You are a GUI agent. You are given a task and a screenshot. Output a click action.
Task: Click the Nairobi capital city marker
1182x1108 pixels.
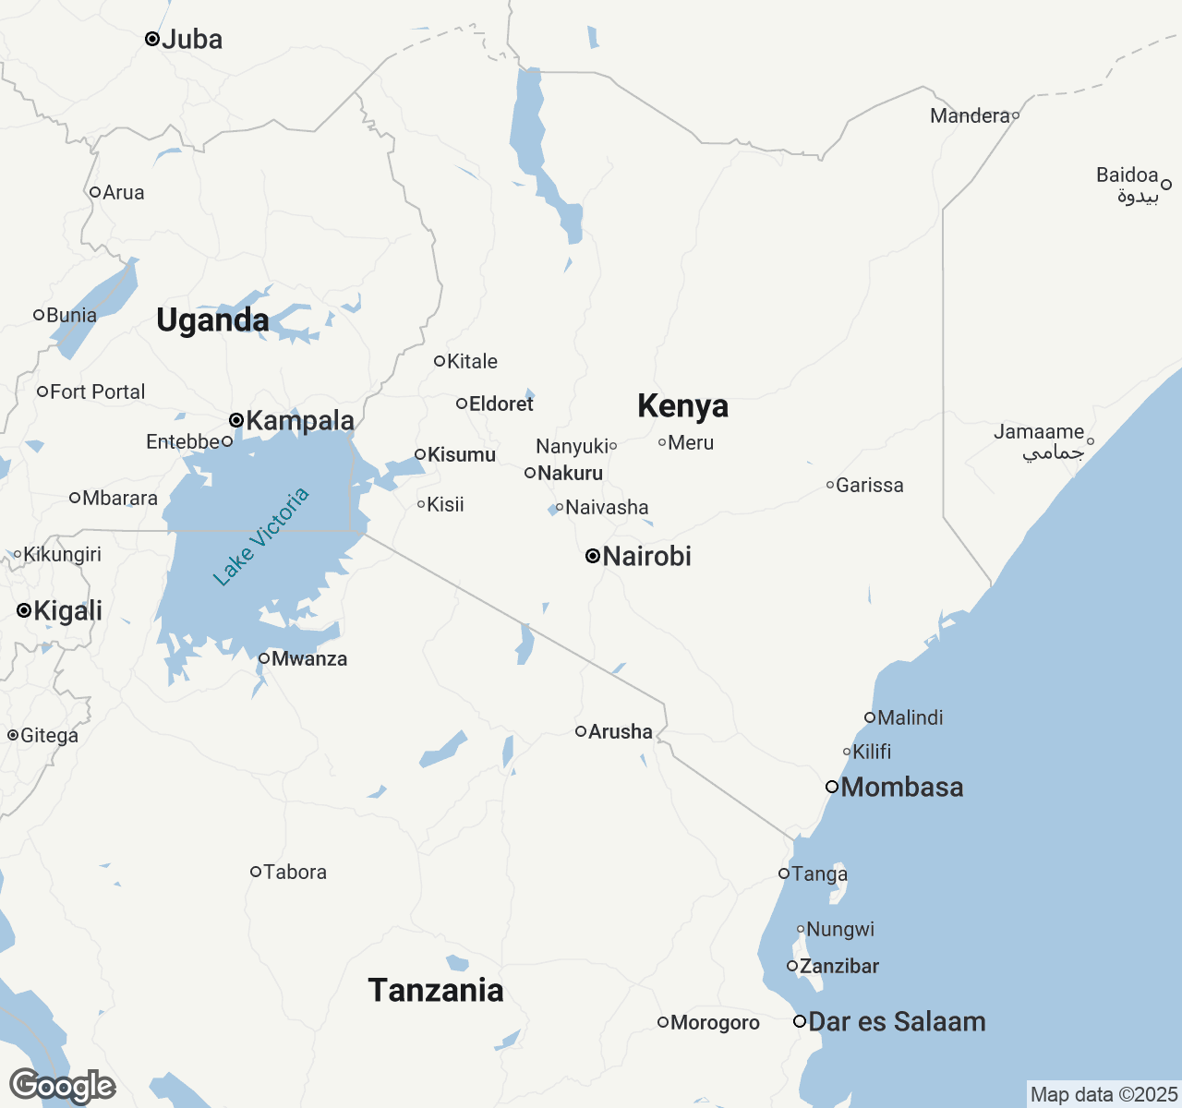[x=593, y=556]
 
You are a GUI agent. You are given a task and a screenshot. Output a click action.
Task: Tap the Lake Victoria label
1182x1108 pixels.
[x=261, y=536]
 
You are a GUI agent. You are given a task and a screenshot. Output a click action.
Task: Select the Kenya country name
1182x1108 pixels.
[x=682, y=405]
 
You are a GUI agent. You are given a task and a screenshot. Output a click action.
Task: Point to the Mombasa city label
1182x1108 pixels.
[x=902, y=787]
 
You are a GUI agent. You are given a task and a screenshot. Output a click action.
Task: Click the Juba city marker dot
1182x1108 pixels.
[x=152, y=39]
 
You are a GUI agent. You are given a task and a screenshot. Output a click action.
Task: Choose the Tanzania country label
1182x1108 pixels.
[x=436, y=990]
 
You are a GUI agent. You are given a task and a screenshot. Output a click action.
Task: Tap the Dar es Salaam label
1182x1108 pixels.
[x=897, y=1021]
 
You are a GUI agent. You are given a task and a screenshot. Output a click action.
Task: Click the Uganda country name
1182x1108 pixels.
[x=212, y=320]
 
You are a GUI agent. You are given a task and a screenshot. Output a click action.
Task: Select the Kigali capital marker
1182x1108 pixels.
[x=24, y=610]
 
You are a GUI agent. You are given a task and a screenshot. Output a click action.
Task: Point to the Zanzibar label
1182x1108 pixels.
[x=839, y=966]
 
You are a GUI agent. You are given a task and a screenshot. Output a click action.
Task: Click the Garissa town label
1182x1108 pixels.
[x=869, y=485]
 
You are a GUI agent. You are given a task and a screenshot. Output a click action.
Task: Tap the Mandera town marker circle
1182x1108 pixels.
[x=1016, y=115]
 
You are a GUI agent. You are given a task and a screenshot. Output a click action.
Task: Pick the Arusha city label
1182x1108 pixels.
[x=621, y=731]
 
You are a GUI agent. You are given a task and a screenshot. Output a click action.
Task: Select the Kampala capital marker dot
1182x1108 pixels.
[x=236, y=420]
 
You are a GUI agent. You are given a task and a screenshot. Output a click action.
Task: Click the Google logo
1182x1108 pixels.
[x=62, y=1086]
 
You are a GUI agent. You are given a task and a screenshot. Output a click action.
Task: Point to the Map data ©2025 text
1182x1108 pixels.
[x=1104, y=1095]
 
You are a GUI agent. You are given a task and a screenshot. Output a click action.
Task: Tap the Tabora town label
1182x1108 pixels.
[x=295, y=872]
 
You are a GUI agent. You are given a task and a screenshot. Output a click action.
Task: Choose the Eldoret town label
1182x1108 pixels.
[x=501, y=403]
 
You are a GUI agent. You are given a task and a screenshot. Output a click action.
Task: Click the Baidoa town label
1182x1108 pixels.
[x=1127, y=175]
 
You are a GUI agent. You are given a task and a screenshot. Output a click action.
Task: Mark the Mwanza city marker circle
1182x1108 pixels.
[x=264, y=658]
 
